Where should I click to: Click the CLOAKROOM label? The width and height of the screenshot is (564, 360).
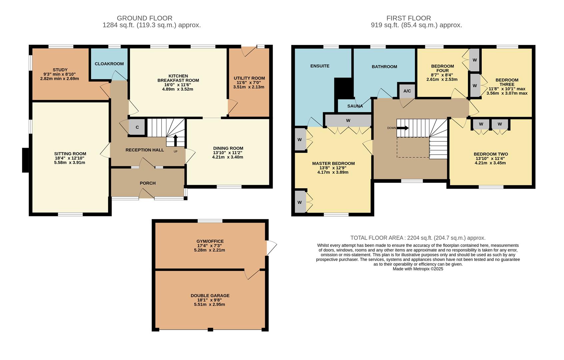pyautogui.click(x=109, y=64)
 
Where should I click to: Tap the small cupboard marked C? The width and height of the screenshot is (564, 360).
pyautogui.click(x=137, y=127)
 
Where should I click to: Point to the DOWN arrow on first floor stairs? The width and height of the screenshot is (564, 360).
pyautogui.click(x=403, y=128)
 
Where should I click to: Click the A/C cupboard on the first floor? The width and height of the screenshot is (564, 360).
pyautogui.click(x=407, y=91)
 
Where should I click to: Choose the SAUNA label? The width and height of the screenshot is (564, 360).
pyautogui.click(x=355, y=106)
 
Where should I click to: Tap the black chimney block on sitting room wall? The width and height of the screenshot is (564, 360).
pyautogui.click(x=25, y=160)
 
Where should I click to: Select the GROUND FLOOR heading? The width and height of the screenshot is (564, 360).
pyautogui.click(x=144, y=18)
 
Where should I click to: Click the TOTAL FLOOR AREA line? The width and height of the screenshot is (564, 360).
pyautogui.click(x=418, y=238)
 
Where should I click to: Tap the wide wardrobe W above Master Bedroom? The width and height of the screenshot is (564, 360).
pyautogui.click(x=348, y=121)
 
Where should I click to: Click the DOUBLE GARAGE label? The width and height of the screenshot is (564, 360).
pyautogui.click(x=210, y=296)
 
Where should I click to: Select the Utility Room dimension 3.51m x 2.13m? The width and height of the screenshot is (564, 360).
pyautogui.click(x=249, y=87)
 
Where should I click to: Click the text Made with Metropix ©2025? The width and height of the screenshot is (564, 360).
pyautogui.click(x=418, y=269)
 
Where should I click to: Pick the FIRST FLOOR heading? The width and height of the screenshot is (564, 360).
pyautogui.click(x=408, y=18)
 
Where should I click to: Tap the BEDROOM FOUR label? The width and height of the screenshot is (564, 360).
pyautogui.click(x=442, y=68)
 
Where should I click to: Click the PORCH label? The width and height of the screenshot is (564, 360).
pyautogui.click(x=148, y=183)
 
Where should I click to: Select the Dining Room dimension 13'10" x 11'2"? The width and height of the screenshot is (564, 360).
pyautogui.click(x=228, y=153)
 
